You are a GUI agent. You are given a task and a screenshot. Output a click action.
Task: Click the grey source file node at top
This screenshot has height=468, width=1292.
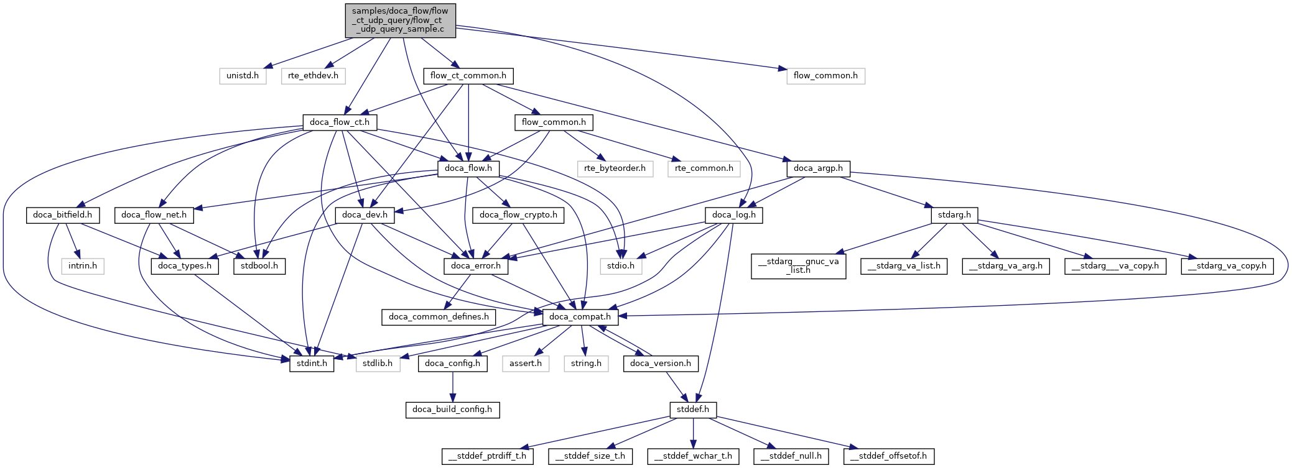(x=400, y=21)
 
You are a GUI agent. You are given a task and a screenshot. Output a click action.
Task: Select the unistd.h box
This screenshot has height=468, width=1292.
(x=243, y=76)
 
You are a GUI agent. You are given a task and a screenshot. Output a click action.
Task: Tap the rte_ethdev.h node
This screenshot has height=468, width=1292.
(x=313, y=76)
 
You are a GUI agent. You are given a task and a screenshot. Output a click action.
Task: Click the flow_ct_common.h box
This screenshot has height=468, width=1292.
(x=468, y=76)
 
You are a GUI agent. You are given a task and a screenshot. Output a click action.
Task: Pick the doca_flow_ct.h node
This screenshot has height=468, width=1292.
(x=340, y=122)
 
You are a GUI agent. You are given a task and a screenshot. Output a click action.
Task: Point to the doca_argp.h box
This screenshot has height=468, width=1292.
(x=818, y=168)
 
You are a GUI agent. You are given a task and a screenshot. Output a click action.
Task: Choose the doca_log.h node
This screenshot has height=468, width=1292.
(x=734, y=215)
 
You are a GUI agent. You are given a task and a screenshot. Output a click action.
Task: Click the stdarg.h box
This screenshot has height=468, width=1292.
(x=954, y=215)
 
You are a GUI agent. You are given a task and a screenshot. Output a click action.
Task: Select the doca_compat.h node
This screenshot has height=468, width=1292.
(x=580, y=317)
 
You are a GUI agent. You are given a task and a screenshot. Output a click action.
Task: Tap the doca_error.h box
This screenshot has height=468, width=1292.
(x=476, y=266)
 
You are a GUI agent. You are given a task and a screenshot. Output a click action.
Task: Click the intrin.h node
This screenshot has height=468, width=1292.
(x=83, y=266)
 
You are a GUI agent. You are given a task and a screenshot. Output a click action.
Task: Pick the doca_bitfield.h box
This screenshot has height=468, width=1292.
(x=62, y=215)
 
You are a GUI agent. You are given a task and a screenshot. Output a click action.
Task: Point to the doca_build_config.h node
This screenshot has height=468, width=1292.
(x=452, y=410)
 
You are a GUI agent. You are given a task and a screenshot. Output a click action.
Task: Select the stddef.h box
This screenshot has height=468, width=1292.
(x=693, y=410)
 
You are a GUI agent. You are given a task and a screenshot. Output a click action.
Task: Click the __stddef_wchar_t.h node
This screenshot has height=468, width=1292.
(x=693, y=456)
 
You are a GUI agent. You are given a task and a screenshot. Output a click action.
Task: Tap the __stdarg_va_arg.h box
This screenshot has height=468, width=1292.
(x=1006, y=266)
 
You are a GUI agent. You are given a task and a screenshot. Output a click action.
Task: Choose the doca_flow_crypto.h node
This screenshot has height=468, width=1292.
(x=518, y=215)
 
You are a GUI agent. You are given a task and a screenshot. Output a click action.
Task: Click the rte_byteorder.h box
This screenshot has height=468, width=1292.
(x=615, y=168)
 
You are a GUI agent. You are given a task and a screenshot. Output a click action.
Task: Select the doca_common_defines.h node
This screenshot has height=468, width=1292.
(x=439, y=317)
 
